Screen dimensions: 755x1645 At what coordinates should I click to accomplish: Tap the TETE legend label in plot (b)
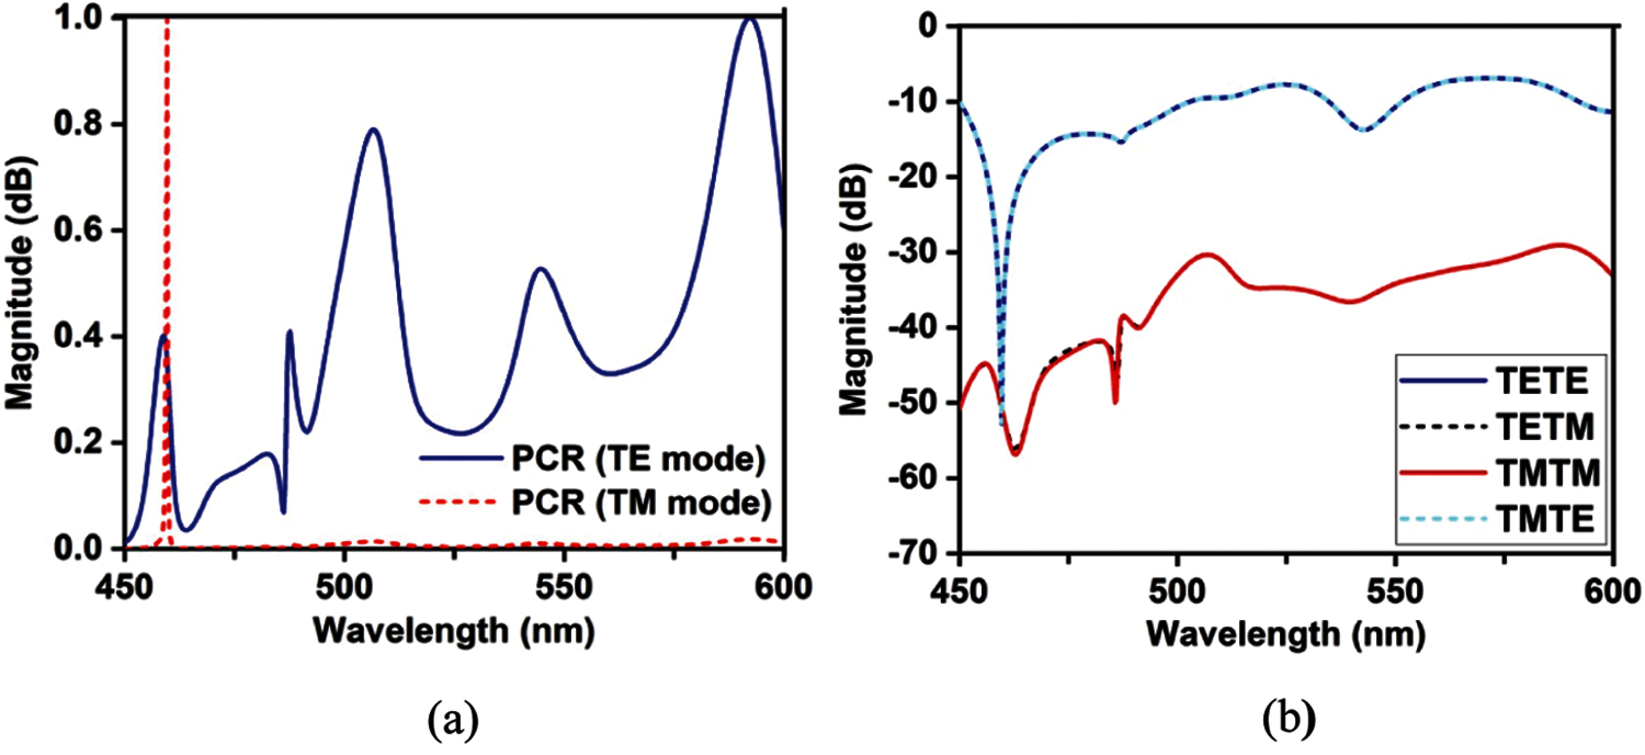click(x=1541, y=381)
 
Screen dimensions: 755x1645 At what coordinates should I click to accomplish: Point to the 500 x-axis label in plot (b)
click(x=1176, y=592)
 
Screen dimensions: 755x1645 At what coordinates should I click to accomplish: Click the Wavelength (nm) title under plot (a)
click(x=455, y=632)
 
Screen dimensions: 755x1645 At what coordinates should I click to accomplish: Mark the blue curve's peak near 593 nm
click(x=751, y=19)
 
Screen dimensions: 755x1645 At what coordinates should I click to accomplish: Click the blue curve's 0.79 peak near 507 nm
click(x=373, y=129)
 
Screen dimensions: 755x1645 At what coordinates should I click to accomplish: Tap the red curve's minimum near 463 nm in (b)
click(x=1016, y=454)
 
